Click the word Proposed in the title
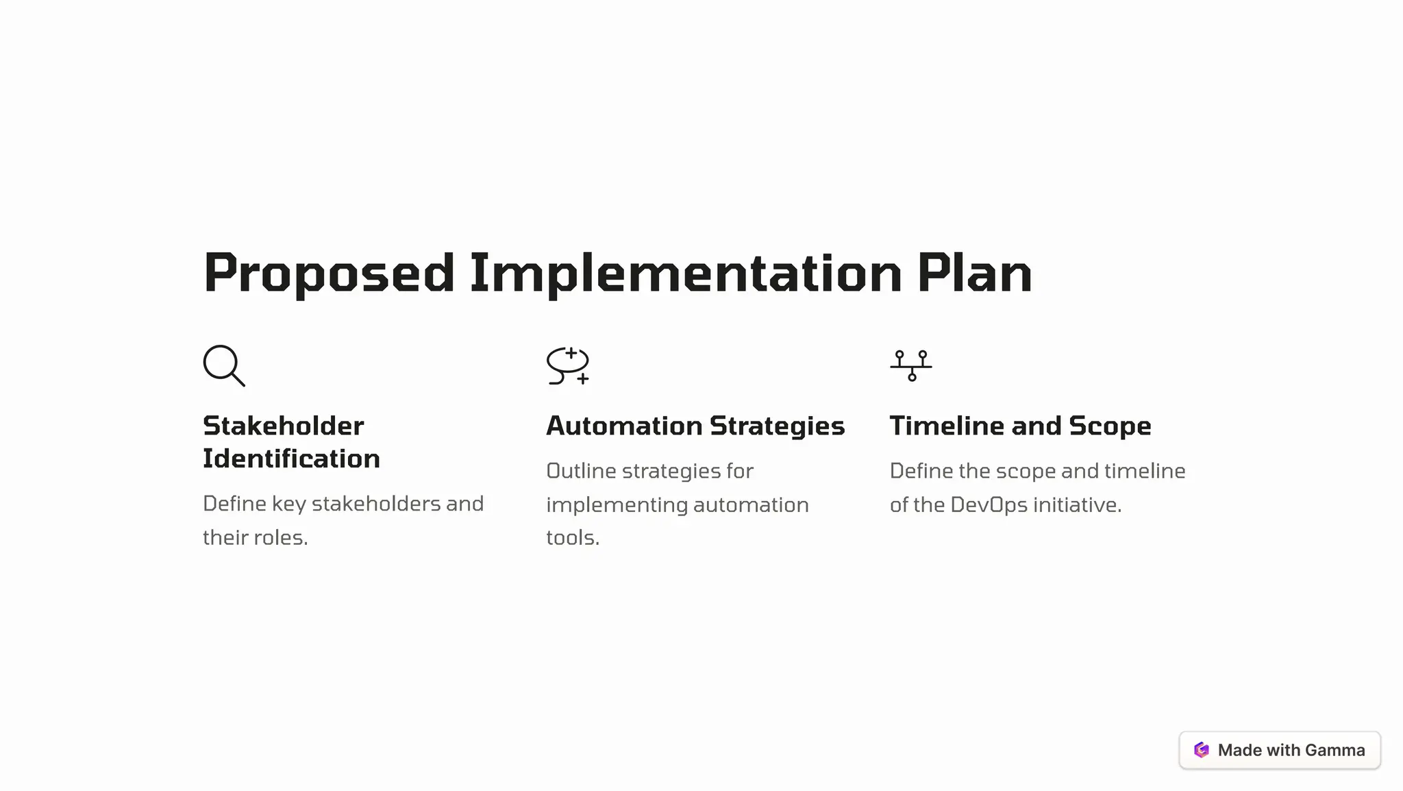point(329,273)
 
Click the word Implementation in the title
point(685,273)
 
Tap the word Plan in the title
point(974,273)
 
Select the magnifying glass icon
point(224,365)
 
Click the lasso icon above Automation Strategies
point(568,365)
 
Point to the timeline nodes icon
point(911,365)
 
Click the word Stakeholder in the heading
point(284,426)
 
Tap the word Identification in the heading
point(291,459)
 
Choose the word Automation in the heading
point(624,426)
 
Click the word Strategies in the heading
point(777,426)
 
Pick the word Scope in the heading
point(1110,426)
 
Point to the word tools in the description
point(572,537)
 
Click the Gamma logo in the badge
point(1202,750)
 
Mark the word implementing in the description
point(617,505)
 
